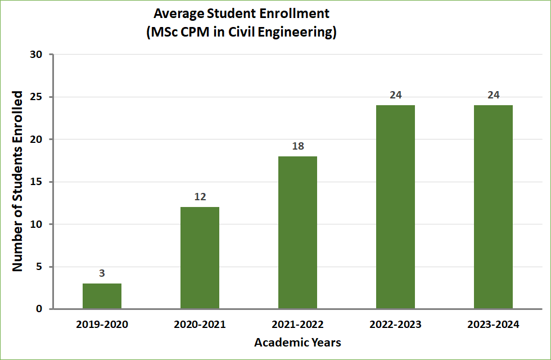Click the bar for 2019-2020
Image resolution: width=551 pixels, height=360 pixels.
click(x=102, y=296)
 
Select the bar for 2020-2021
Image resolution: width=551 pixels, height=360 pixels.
click(x=200, y=258)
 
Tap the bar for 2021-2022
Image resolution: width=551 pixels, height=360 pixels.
click(x=297, y=232)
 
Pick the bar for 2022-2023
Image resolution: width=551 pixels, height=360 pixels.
click(x=395, y=207)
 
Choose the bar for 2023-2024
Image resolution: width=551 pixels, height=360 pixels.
click(x=493, y=207)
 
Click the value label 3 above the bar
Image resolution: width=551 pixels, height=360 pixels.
click(x=102, y=274)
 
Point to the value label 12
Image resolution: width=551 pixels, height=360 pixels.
click(x=200, y=197)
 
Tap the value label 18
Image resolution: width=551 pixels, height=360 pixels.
click(x=297, y=146)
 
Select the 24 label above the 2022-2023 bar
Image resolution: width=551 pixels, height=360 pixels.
click(x=395, y=95)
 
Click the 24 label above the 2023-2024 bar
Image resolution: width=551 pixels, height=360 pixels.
click(x=493, y=95)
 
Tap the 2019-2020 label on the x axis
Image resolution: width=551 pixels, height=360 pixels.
click(x=102, y=325)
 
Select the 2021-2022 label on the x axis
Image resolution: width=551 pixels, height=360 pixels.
click(x=297, y=325)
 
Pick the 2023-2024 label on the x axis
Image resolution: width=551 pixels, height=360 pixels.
click(x=493, y=325)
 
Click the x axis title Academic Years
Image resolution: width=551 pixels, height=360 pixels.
click(x=297, y=342)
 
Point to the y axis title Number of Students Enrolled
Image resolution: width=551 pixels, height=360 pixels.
click(x=18, y=181)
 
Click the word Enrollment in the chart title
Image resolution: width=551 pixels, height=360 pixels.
click(x=299, y=13)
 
